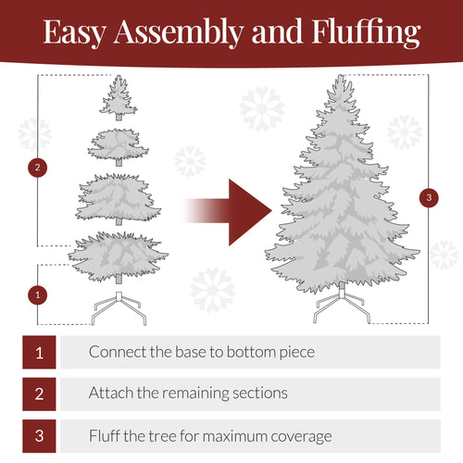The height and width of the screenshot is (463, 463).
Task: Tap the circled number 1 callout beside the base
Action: click(x=37, y=294)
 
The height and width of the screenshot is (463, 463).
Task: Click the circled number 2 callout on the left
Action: click(x=37, y=168)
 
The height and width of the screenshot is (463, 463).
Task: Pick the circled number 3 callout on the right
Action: click(x=427, y=197)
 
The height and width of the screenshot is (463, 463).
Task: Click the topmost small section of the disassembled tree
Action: click(x=119, y=97)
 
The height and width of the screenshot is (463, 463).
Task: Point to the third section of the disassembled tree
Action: click(x=119, y=196)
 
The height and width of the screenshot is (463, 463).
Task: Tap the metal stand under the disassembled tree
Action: click(x=119, y=307)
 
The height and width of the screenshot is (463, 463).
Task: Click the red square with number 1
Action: click(x=39, y=353)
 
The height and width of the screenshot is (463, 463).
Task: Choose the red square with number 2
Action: click(x=39, y=394)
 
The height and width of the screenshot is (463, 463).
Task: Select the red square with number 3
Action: click(x=39, y=435)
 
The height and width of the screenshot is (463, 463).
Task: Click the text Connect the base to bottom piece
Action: click(x=201, y=353)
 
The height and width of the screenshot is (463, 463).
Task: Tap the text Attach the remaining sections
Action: click(x=188, y=394)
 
